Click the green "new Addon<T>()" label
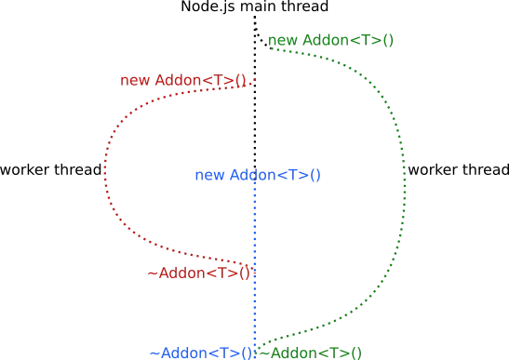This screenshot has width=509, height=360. (x=330, y=41)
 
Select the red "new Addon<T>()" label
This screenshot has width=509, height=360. (x=183, y=81)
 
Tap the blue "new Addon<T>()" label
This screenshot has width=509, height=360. (x=258, y=175)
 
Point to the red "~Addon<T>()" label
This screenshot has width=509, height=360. (x=199, y=273)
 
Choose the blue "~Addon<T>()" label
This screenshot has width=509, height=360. (x=201, y=353)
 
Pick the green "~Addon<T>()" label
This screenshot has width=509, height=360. (x=310, y=353)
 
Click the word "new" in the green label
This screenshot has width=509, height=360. (x=283, y=41)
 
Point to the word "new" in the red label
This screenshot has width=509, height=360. (x=135, y=81)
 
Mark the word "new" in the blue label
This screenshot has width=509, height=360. (x=209, y=175)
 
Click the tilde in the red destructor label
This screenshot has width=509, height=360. (x=153, y=273)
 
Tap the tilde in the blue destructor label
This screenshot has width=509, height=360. (x=154, y=353)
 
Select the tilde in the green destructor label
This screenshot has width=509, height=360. (x=263, y=353)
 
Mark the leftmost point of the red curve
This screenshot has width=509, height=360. (x=104, y=172)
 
